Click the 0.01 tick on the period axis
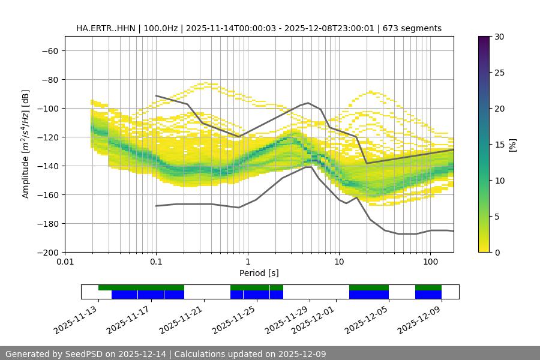pos(65,262)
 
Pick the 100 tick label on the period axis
pos(430,262)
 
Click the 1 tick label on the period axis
pos(248,262)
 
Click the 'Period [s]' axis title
pos(259,273)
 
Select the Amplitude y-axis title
pos(26,144)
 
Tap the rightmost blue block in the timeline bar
pos(428,295)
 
